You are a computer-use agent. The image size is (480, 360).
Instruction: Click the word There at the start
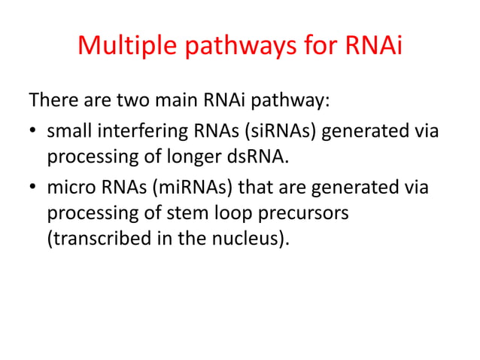[53, 100]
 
